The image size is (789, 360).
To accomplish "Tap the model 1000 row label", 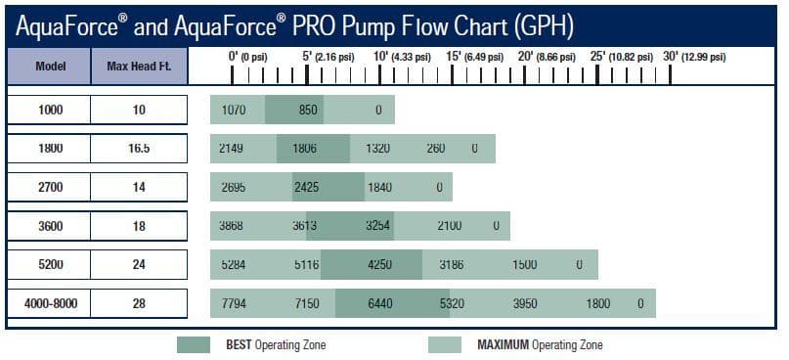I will click(x=50, y=110).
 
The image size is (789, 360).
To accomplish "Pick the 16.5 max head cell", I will click(x=139, y=149).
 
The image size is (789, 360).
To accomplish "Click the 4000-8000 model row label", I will click(x=50, y=304).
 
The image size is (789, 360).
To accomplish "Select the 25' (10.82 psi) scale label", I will click(x=623, y=57).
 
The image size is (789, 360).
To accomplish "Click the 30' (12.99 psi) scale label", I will click(x=695, y=57).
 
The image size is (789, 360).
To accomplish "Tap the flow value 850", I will click(x=308, y=110).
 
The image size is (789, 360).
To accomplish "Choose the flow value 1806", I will click(x=304, y=149).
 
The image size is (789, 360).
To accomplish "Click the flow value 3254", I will click(x=379, y=226).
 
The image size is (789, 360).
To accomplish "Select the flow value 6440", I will click(x=379, y=304).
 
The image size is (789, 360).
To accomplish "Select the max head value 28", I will click(x=139, y=304).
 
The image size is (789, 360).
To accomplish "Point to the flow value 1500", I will click(x=525, y=265).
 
